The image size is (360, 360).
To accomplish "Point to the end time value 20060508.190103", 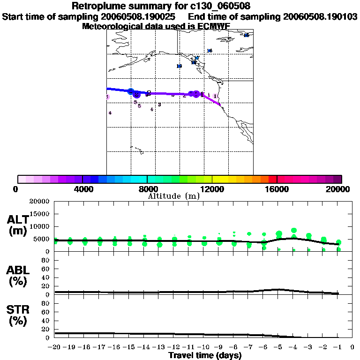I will pyautogui.click(x=320, y=17).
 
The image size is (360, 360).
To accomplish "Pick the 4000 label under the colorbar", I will pyautogui.click(x=82, y=189).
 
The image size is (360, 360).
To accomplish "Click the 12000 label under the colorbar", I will pyautogui.click(x=212, y=189).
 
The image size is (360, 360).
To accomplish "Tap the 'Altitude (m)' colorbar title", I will pyautogui.click(x=173, y=196).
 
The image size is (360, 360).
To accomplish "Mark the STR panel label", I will pyautogui.click(x=17, y=315).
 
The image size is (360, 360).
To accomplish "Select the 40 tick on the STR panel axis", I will pyautogui.click(x=46, y=321).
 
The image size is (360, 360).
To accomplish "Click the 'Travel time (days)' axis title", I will pyautogui.click(x=205, y=356).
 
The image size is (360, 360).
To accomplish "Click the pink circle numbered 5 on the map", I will pyautogui.click(x=139, y=106).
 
